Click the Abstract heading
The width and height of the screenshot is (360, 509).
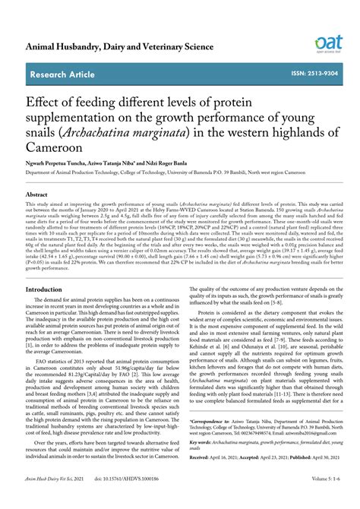click(40, 194)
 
